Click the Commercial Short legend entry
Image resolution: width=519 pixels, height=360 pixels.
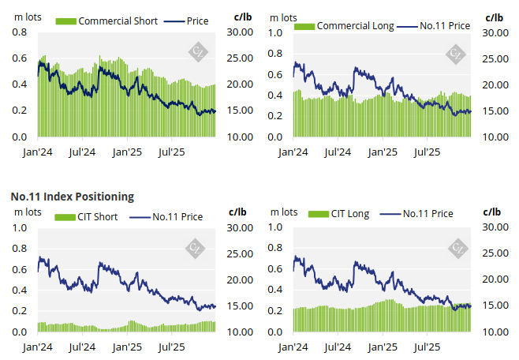point(116,21)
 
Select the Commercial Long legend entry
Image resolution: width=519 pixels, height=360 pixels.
point(354,26)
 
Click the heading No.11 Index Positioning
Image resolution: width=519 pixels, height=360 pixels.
point(72,196)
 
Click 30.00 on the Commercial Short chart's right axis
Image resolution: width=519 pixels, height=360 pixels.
point(240,32)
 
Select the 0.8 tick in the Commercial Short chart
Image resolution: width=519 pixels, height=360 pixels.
point(20,32)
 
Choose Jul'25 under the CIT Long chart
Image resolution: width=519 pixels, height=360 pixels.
point(427,347)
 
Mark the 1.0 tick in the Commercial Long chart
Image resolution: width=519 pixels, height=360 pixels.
point(275,32)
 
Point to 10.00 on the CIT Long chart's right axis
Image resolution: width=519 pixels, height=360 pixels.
point(495,332)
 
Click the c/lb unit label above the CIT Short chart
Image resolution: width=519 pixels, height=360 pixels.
point(237,211)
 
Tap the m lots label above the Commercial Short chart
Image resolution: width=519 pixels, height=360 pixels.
point(29,16)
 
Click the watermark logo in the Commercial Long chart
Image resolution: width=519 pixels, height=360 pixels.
point(456,54)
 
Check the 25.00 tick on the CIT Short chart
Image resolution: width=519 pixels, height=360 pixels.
point(240,253)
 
